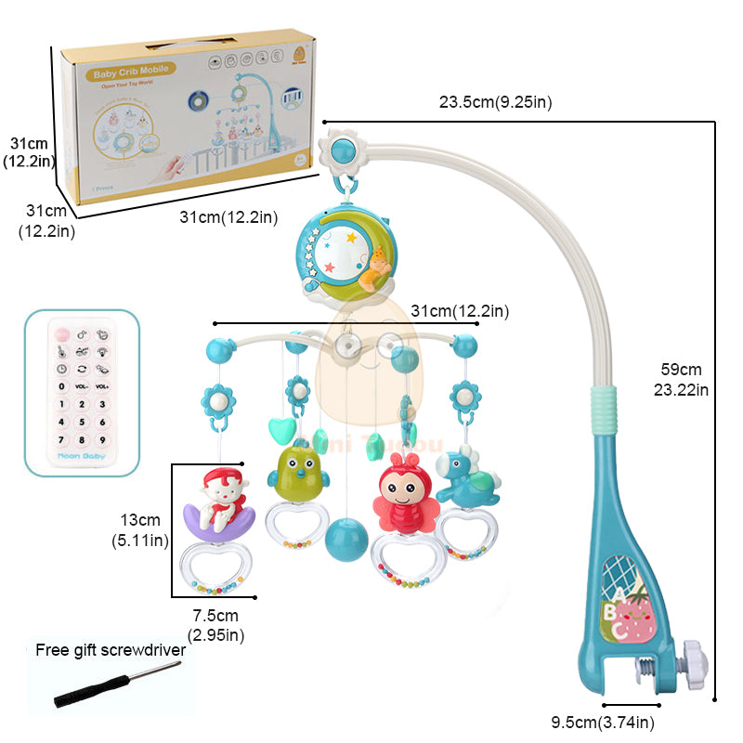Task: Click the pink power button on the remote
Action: pyautogui.click(x=61, y=332)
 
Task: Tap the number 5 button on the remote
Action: pyautogui.click(x=81, y=422)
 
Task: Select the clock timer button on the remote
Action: pyautogui.click(x=61, y=369)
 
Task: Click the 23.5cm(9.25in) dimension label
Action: pyautogui.click(x=495, y=101)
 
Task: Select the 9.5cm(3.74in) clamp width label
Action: pyautogui.click(x=604, y=722)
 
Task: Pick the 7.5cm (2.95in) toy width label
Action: pyautogui.click(x=215, y=625)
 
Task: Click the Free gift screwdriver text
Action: pyautogui.click(x=111, y=650)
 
